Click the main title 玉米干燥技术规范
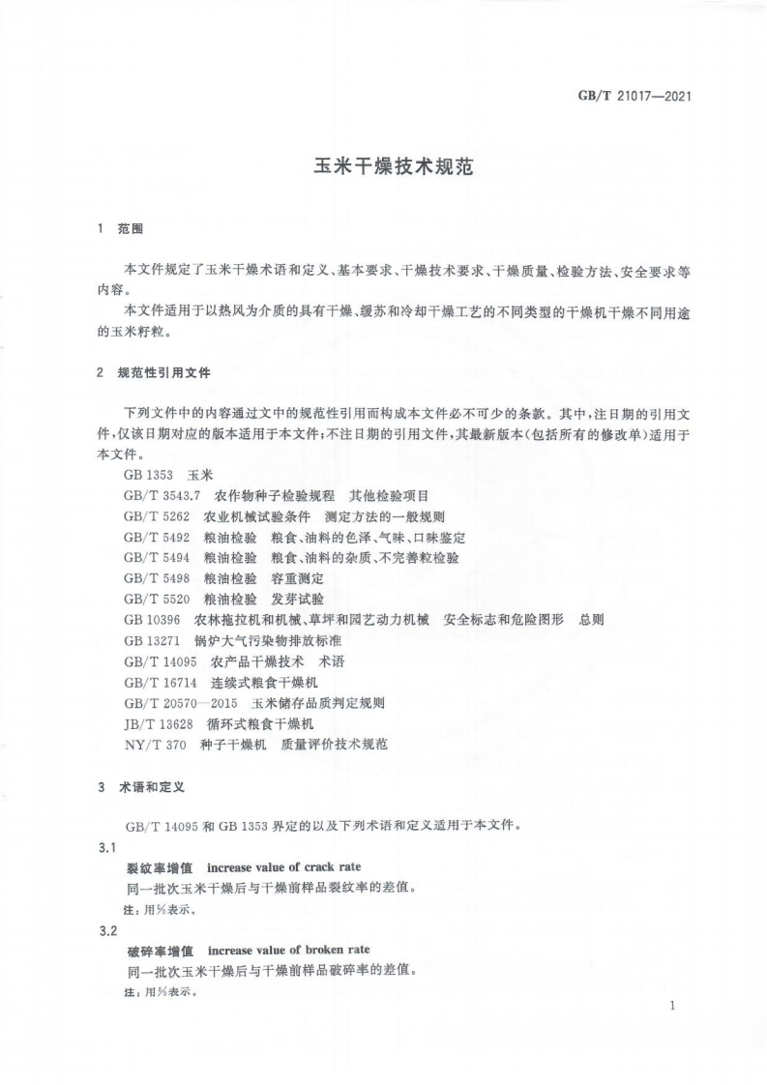393,165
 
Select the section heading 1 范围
121,229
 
